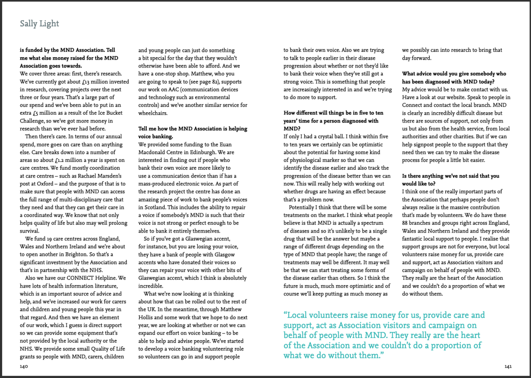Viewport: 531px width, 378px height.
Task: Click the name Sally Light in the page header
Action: pyautogui.click(x=39, y=24)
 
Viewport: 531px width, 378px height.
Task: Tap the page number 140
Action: pyautogui.click(x=24, y=367)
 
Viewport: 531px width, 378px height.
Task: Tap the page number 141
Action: pyautogui.click(x=508, y=367)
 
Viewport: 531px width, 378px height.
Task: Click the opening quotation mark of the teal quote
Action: pyautogui.click(x=285, y=316)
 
